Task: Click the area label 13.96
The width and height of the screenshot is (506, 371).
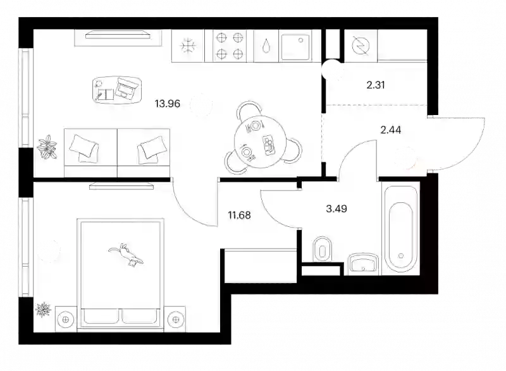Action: point(167,104)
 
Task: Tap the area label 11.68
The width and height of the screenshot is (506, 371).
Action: point(239,215)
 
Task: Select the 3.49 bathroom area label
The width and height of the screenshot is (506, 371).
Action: point(336,209)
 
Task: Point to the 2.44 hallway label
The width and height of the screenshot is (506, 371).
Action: point(391,130)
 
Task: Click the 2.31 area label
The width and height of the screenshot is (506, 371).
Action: point(376,85)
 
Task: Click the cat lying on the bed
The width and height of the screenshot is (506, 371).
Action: point(126,255)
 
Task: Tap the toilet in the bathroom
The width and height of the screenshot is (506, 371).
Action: point(323,250)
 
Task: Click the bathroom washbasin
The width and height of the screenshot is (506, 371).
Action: point(363,263)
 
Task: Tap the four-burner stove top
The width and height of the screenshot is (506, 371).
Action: point(229,46)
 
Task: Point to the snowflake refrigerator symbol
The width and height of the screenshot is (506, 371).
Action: point(188,46)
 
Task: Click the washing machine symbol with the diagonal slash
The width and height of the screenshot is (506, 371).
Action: point(361,46)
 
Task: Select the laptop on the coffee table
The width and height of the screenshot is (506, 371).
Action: point(125,88)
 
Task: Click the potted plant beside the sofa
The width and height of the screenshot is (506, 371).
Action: point(47,147)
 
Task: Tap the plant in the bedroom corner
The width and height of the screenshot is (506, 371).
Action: point(43,310)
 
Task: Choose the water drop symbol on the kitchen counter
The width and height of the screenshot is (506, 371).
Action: point(266,46)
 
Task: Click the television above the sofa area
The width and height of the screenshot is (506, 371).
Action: point(118,35)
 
